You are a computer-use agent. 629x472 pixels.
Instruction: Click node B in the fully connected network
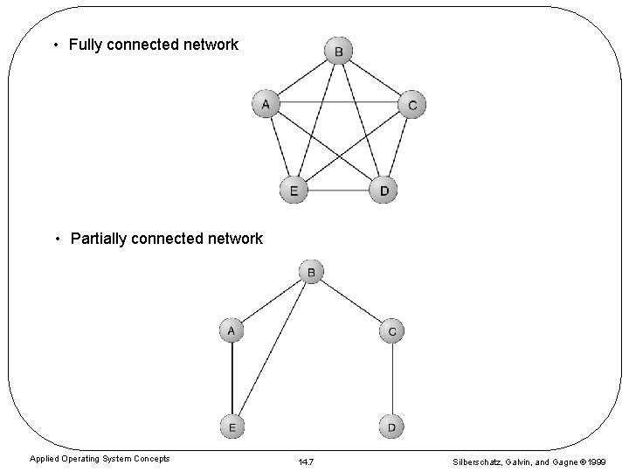339,52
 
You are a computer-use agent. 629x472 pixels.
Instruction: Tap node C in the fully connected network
412,105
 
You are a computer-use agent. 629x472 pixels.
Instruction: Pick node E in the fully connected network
294,190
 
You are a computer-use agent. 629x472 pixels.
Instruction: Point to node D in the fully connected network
383,189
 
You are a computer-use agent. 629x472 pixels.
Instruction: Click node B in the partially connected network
311,273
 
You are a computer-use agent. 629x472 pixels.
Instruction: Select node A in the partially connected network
232,330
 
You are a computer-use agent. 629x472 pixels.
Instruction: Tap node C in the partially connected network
392,330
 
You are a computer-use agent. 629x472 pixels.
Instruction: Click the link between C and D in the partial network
392,378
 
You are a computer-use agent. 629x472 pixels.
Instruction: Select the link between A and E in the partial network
232,378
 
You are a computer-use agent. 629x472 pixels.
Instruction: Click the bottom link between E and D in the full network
338,190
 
